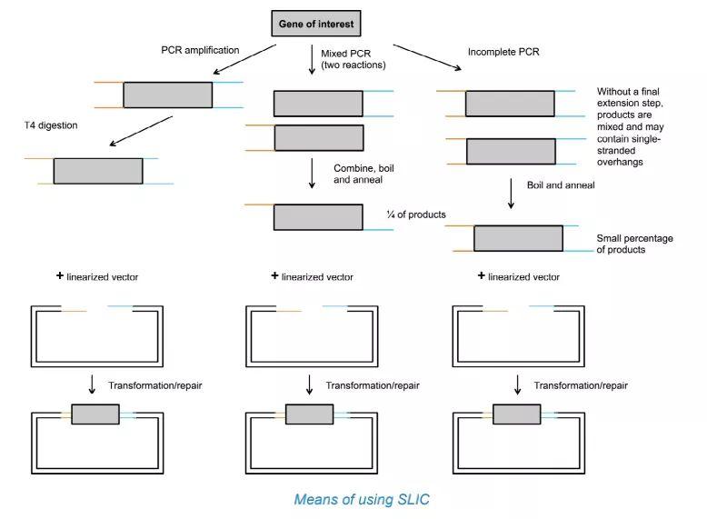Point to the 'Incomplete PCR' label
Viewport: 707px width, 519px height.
(504, 52)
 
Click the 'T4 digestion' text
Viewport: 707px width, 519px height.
(52, 125)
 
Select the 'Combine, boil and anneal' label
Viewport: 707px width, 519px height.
(363, 175)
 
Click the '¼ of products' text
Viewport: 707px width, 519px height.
(416, 214)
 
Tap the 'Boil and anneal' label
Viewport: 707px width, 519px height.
(561, 185)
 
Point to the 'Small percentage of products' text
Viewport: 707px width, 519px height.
(634, 244)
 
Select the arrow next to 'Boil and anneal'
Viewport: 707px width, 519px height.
(511, 194)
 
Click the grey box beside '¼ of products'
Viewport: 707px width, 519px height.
(318, 216)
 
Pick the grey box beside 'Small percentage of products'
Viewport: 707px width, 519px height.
(518, 238)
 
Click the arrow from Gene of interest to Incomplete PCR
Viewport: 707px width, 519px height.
(426, 57)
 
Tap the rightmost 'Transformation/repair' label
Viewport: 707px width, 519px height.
(581, 385)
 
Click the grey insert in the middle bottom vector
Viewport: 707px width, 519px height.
(310, 414)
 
